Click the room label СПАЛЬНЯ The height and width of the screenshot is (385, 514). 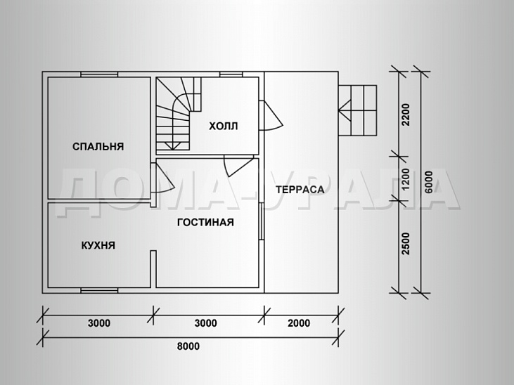coord(98,146)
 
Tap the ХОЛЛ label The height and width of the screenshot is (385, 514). coord(223,126)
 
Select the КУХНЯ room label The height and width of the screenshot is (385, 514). coord(98,245)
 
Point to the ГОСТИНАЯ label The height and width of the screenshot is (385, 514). coord(205,223)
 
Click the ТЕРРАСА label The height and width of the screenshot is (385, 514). coord(300,190)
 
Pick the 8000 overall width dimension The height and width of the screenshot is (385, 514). coord(188,346)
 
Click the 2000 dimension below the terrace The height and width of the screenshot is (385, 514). coord(299,323)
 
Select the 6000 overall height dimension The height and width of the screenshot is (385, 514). coord(428,182)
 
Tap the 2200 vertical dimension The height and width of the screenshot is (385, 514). coord(406,115)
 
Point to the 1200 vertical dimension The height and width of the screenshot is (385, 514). coord(406,179)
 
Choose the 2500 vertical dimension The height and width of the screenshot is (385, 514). coord(406,244)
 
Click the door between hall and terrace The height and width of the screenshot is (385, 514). coord(271,116)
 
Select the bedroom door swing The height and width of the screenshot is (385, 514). coord(162,178)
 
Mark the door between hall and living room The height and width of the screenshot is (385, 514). coord(238,167)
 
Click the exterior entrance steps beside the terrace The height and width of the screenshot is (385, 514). coord(357,110)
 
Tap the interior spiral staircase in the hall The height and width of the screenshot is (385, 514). coord(178,114)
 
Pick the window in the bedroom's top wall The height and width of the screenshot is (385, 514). coord(99,74)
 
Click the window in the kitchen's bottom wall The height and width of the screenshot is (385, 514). coord(99,290)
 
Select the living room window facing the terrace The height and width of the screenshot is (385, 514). coord(262,221)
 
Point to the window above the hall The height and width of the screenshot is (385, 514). coord(231,74)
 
